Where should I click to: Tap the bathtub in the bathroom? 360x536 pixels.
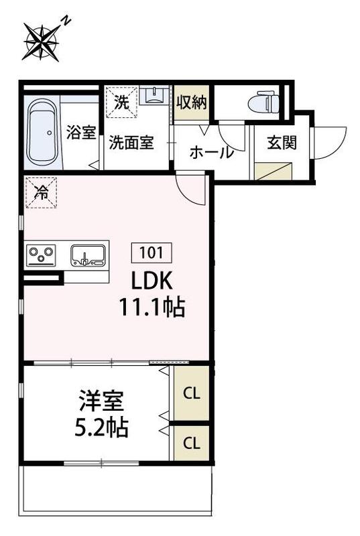tap(43, 133)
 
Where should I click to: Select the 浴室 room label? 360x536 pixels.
tap(81, 133)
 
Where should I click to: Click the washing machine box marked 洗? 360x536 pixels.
tap(121, 103)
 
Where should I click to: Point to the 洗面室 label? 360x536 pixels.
tap(131, 142)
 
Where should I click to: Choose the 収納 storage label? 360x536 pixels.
tap(191, 103)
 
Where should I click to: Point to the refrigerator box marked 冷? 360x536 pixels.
tap(41, 193)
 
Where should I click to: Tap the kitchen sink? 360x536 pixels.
tap(88, 255)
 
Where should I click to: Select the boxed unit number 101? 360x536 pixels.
tap(155, 253)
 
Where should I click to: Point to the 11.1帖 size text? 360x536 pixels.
tap(152, 308)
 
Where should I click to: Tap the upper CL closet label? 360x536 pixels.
tap(191, 392)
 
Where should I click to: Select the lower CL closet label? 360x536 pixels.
tap(191, 443)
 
